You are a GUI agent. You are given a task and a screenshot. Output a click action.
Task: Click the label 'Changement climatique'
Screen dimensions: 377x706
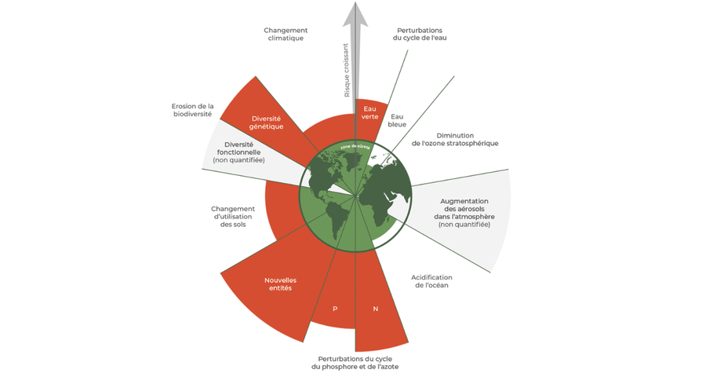click(283, 33)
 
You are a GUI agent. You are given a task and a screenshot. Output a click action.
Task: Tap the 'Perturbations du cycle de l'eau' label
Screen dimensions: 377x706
click(420, 33)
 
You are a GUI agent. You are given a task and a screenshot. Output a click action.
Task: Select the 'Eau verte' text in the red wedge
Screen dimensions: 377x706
click(369, 112)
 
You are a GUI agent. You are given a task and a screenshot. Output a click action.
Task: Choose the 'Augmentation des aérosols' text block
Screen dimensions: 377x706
click(464, 212)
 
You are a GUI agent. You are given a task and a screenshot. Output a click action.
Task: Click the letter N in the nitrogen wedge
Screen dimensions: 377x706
click(376, 309)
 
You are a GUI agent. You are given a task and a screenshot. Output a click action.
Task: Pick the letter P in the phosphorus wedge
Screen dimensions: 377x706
click(335, 309)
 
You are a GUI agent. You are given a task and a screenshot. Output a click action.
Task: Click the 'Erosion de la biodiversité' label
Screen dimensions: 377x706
click(192, 110)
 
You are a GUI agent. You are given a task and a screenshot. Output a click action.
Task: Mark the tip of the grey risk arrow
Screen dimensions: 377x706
click(355, 5)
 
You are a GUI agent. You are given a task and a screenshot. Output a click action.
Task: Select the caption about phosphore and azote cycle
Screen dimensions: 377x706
click(358, 362)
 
